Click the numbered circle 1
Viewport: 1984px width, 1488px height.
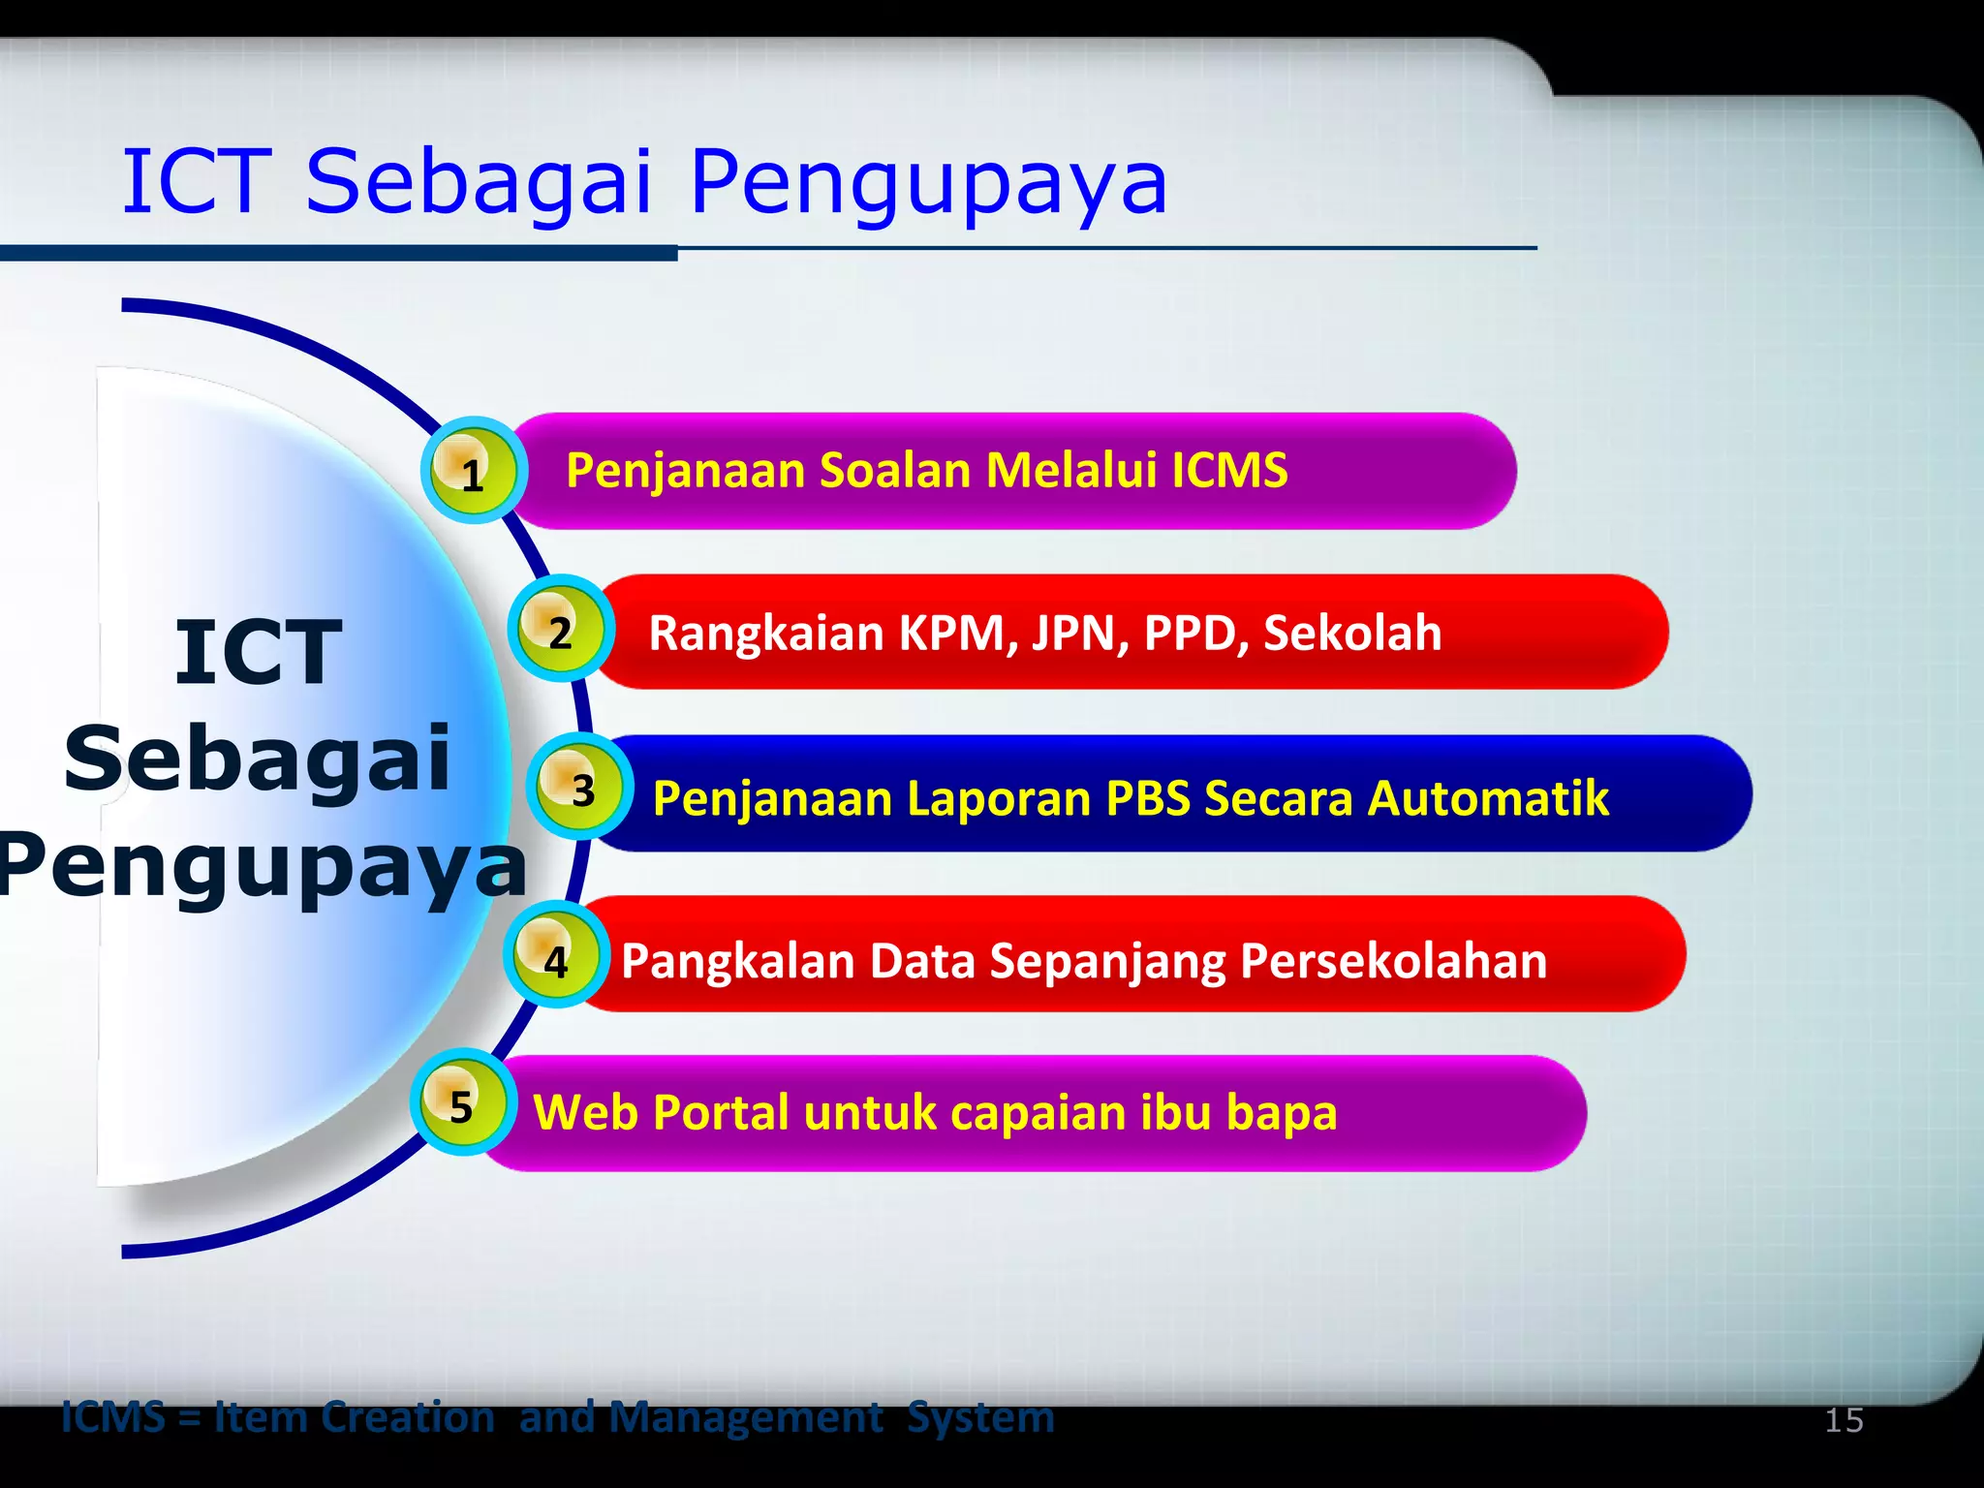474,471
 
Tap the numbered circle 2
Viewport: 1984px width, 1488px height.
561,629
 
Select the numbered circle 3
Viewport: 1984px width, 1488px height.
580,788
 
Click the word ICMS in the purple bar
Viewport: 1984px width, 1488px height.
1229,470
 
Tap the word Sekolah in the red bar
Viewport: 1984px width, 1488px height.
1352,633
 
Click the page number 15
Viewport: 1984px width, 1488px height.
1844,1420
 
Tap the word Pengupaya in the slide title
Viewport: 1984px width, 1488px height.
928,182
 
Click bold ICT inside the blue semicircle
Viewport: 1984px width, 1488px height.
258,653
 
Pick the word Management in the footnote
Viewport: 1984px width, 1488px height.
746,1417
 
